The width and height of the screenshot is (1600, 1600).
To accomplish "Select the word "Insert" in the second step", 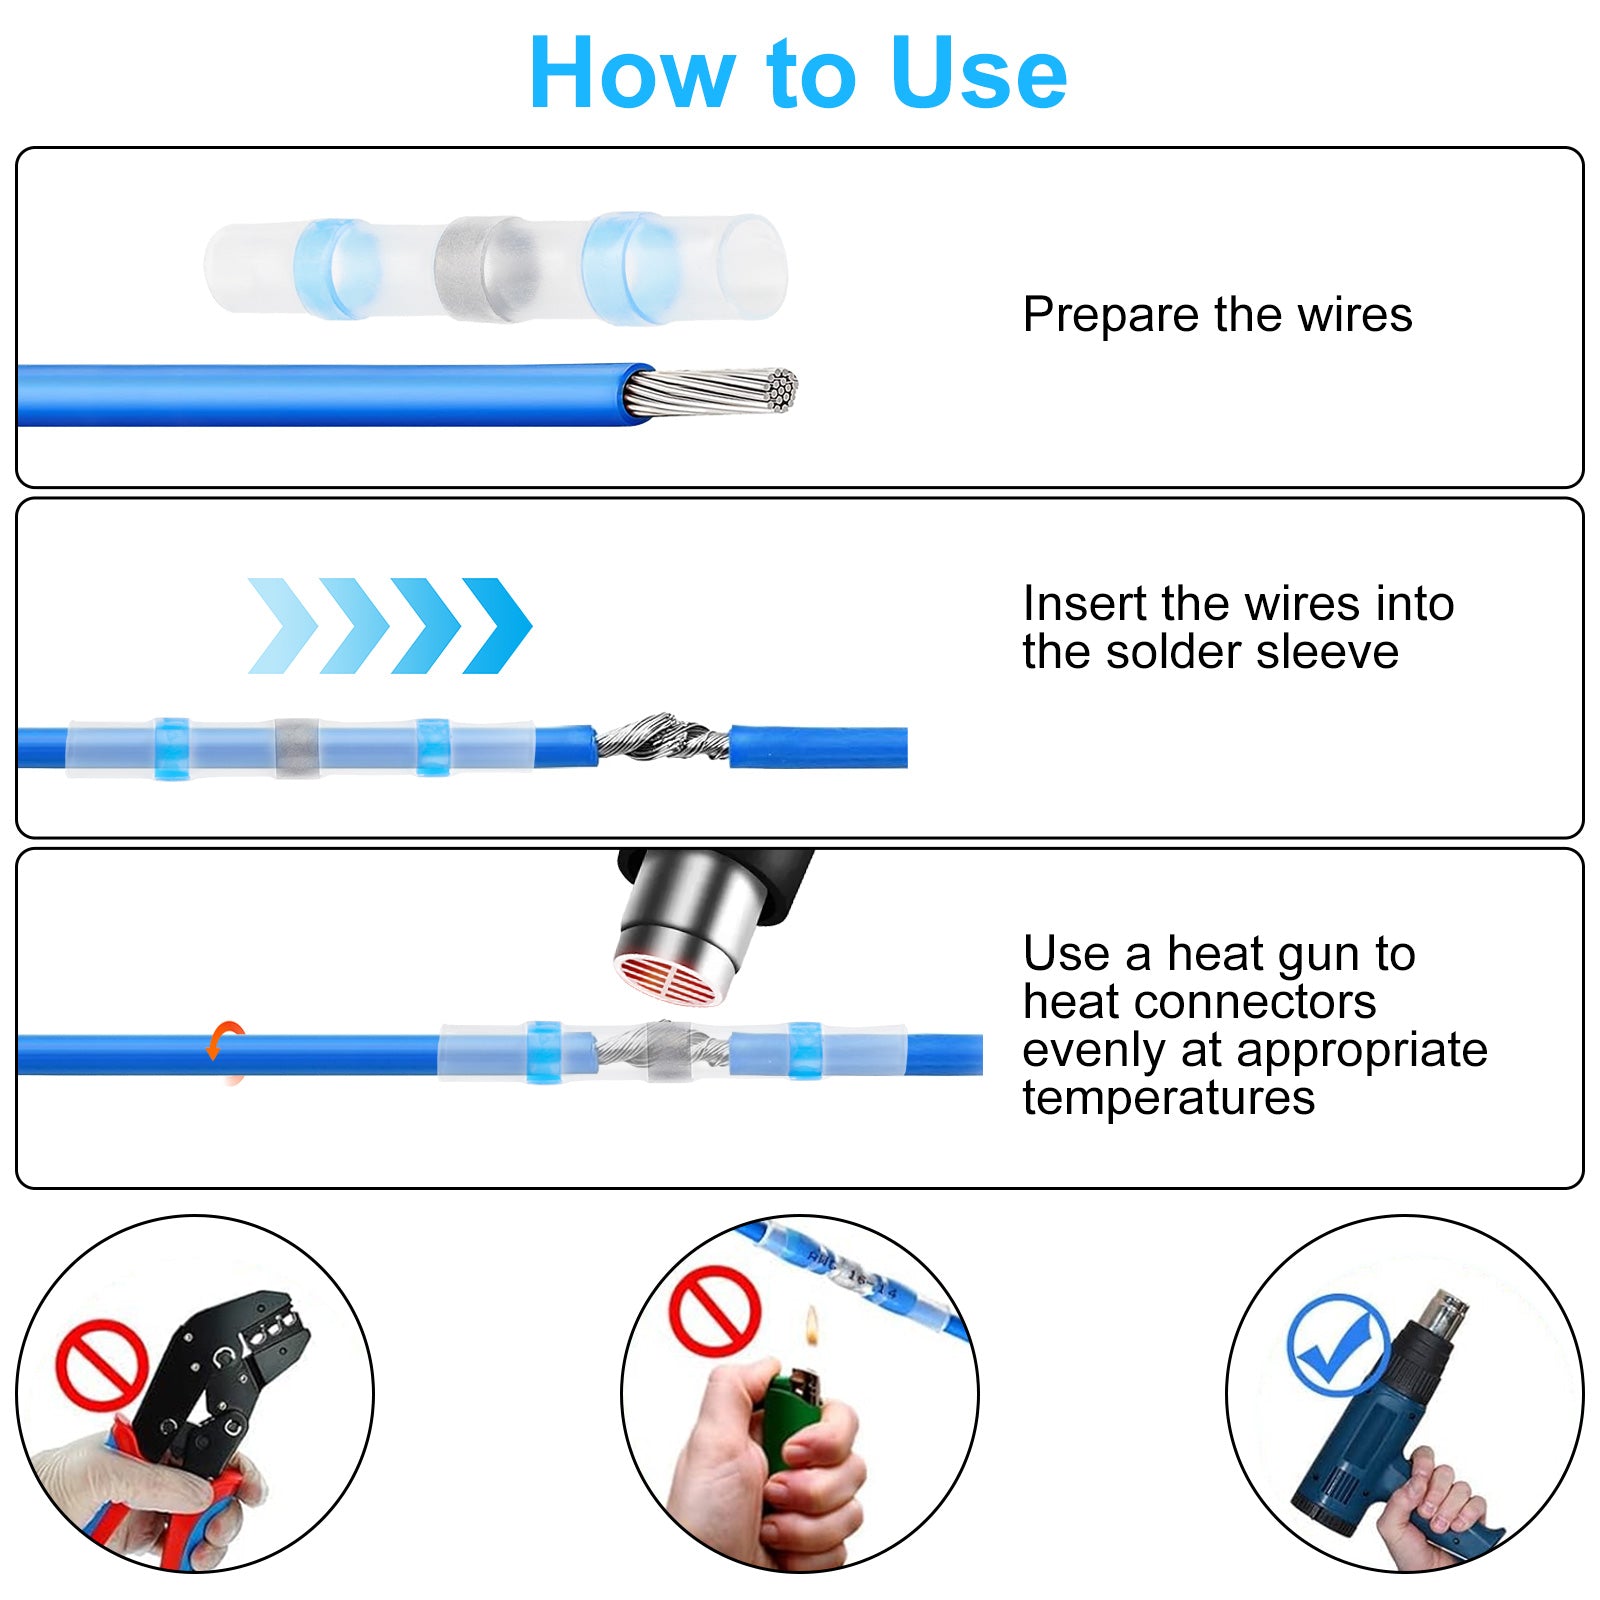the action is [x=1085, y=603].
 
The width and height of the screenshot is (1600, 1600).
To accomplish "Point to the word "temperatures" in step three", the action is [x=1168, y=1097].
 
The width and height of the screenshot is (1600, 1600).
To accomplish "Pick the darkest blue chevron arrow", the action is [x=497, y=625].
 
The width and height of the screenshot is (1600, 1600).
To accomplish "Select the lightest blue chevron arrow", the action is [x=283, y=625].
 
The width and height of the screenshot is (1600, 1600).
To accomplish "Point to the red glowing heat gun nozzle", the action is [x=666, y=979].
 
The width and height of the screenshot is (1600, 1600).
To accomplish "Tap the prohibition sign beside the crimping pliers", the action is [x=102, y=1364].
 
